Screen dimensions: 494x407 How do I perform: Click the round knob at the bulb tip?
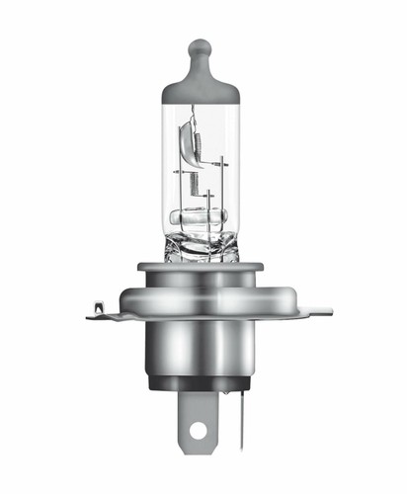pyautogui.click(x=201, y=46)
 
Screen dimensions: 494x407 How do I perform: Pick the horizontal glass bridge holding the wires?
pyautogui.click(x=199, y=216)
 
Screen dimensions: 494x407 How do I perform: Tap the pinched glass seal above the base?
pyautogui.click(x=202, y=243)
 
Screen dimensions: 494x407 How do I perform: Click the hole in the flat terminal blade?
pyautogui.click(x=199, y=432)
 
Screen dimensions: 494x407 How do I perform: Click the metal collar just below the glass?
pyautogui.click(x=202, y=270)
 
